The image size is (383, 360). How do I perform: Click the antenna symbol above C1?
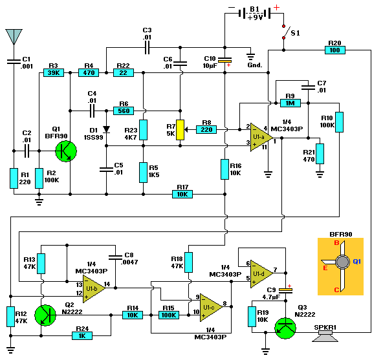point(12,36)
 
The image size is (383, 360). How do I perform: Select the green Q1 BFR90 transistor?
point(65,151)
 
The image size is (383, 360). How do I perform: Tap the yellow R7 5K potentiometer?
point(181,130)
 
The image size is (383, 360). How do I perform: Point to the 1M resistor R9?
point(289,102)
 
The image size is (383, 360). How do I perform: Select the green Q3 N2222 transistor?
point(284,327)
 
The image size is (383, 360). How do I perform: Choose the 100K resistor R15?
point(169,315)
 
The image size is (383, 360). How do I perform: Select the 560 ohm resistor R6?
point(124,110)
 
